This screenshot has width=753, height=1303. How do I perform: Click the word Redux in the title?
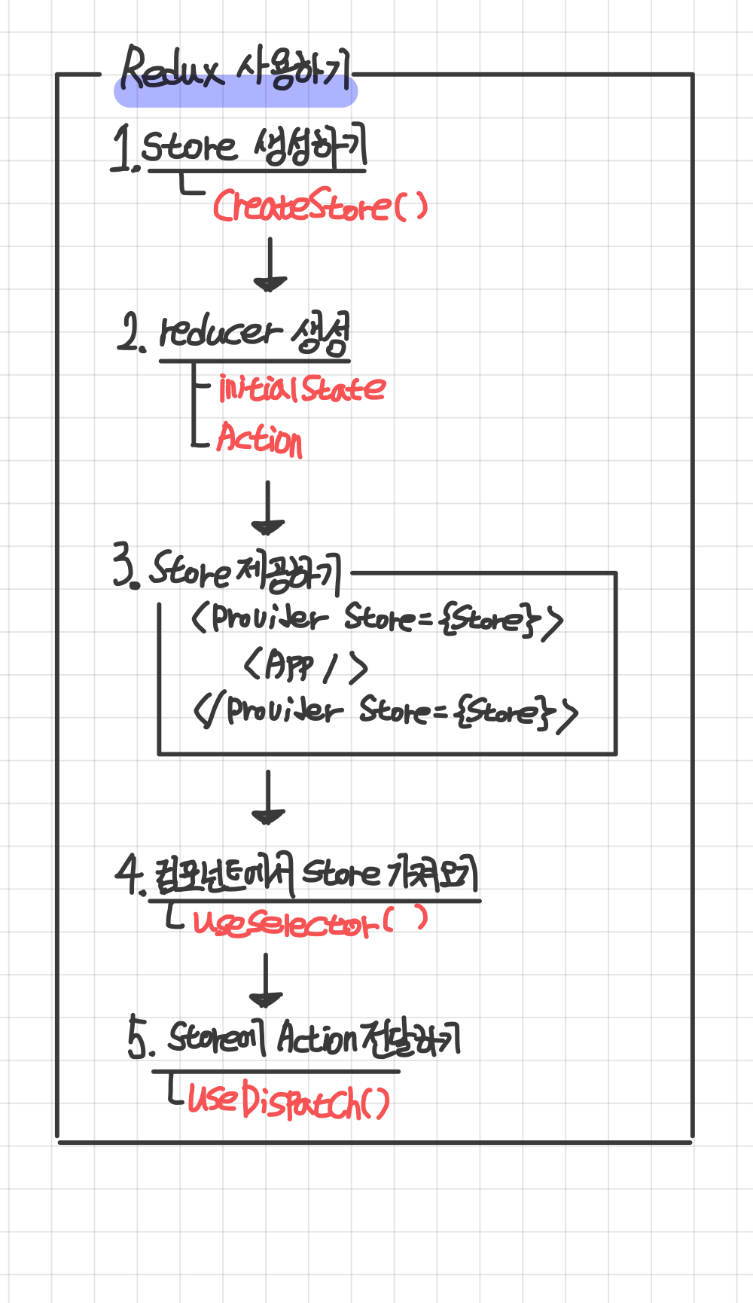[172, 69]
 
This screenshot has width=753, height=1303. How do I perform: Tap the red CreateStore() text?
[320, 206]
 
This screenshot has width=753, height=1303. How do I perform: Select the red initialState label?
[302, 389]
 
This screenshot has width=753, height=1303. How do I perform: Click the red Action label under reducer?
[260, 438]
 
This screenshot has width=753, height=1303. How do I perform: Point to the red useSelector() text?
[309, 921]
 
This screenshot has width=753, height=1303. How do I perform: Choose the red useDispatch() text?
[288, 1100]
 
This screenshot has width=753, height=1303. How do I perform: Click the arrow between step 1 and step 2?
[270, 266]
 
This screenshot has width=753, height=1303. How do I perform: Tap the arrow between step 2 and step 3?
[268, 508]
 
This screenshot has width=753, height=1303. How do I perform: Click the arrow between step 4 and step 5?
[266, 980]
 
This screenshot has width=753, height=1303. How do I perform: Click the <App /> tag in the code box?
[306, 666]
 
